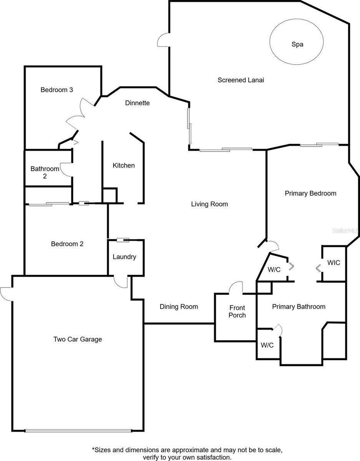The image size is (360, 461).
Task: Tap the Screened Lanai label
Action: [x=241, y=80]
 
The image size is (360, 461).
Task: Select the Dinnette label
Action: [x=137, y=103]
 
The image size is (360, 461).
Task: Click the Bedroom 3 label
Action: [x=57, y=90]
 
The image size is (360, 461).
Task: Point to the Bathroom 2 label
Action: [x=45, y=172]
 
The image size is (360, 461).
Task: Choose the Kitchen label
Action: [x=124, y=166]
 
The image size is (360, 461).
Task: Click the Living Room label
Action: [x=209, y=204]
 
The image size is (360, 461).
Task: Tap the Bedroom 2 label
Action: [x=67, y=244]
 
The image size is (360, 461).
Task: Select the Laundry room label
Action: [x=124, y=257]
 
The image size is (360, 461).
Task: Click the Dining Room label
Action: [x=179, y=307]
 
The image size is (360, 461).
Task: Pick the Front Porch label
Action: [x=237, y=312]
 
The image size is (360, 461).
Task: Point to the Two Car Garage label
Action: [x=78, y=339]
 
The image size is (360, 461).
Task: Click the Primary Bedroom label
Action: [x=310, y=193]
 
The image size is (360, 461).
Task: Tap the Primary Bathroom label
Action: [x=299, y=307]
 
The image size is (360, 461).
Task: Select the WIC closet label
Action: [x=333, y=263]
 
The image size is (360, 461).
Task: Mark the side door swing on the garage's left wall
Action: [x=7, y=294]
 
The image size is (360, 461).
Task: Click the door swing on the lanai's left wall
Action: [x=163, y=40]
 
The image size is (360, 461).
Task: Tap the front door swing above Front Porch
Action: [x=236, y=288]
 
